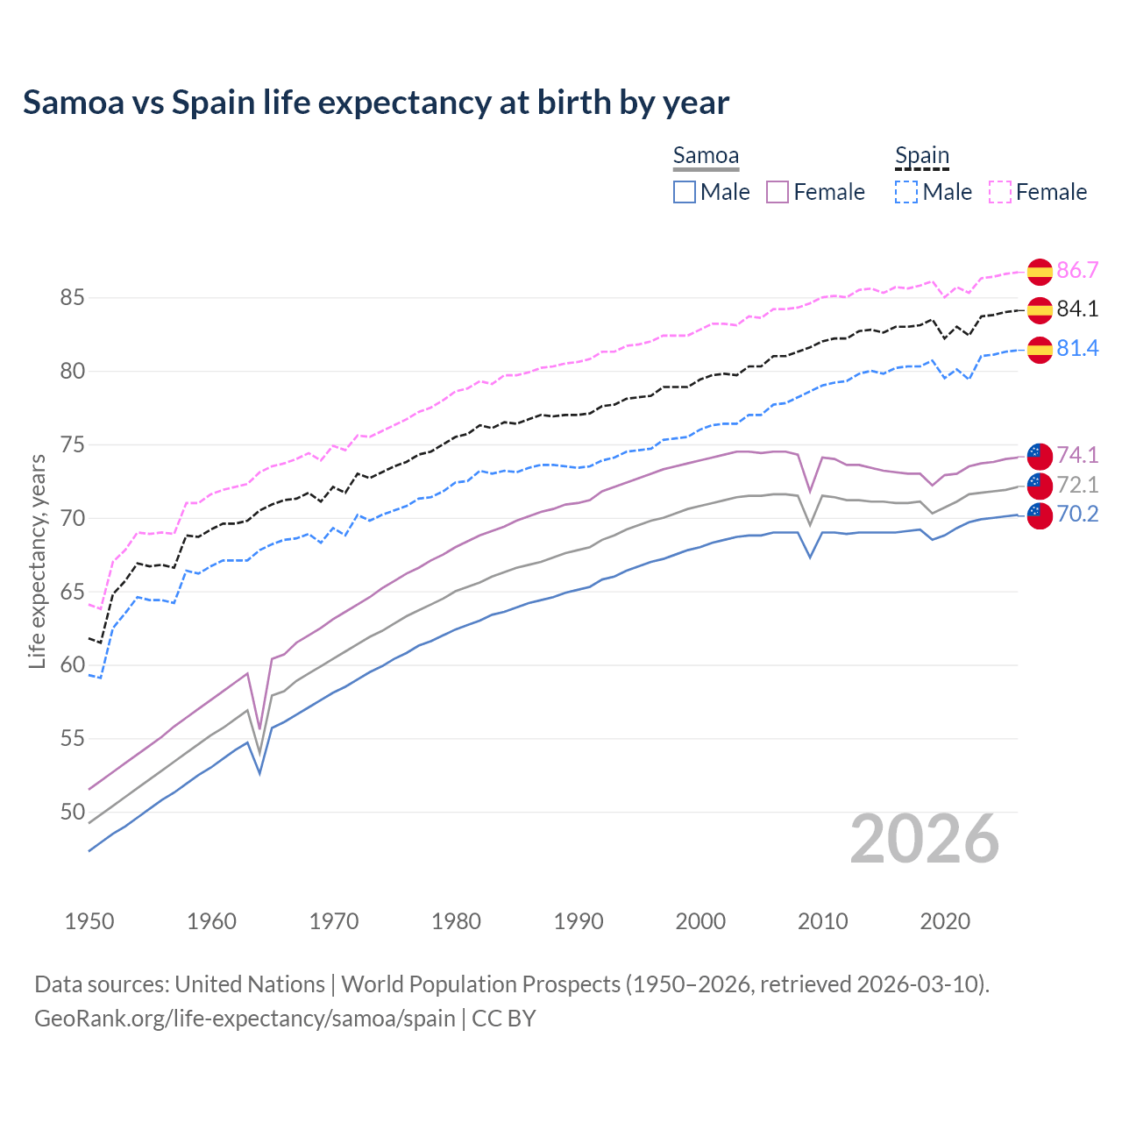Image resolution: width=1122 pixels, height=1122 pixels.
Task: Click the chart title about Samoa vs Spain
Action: tap(376, 103)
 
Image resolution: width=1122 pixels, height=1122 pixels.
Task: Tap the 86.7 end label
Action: tap(1077, 270)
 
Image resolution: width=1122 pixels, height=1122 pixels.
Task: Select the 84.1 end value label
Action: tap(1077, 309)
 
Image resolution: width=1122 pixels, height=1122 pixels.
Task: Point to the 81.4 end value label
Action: tap(1077, 348)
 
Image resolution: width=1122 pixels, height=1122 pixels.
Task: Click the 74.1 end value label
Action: tap(1077, 454)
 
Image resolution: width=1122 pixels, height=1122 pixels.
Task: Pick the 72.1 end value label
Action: tap(1077, 485)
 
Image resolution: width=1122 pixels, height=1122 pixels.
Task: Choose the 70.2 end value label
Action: tap(1077, 514)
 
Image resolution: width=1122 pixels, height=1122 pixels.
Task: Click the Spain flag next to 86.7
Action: tap(1040, 272)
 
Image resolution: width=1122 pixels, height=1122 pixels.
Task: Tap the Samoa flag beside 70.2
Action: tap(1040, 515)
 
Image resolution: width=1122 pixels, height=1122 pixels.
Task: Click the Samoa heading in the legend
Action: tap(706, 155)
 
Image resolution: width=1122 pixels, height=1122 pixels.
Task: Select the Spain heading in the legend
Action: tap(922, 155)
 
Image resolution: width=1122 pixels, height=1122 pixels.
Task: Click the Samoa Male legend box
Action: tap(685, 192)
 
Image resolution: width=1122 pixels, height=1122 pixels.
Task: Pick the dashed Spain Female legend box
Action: tap(1000, 192)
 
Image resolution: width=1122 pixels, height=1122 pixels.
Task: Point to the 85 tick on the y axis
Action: tap(72, 298)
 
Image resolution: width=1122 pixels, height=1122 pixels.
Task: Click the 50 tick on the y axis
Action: tap(72, 813)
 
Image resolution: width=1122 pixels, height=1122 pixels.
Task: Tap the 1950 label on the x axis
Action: tap(89, 921)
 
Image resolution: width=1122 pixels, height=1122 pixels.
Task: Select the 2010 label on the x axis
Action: tap(822, 921)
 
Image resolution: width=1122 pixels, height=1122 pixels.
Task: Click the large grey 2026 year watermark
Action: tap(925, 839)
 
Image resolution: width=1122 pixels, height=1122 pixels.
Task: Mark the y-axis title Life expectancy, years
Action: tap(37, 561)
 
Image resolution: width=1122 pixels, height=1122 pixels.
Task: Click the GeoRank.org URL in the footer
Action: tap(245, 1019)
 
